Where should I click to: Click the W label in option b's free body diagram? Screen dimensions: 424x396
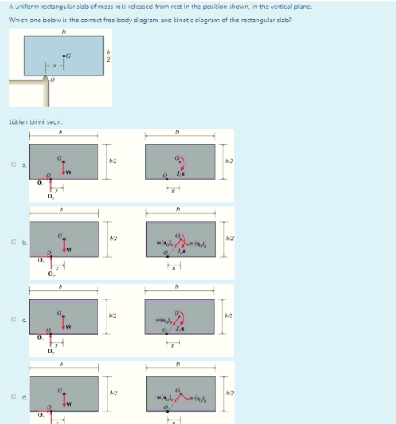click(71, 245)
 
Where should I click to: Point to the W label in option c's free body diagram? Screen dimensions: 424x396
click(71, 324)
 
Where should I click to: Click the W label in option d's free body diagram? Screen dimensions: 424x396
click(71, 402)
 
